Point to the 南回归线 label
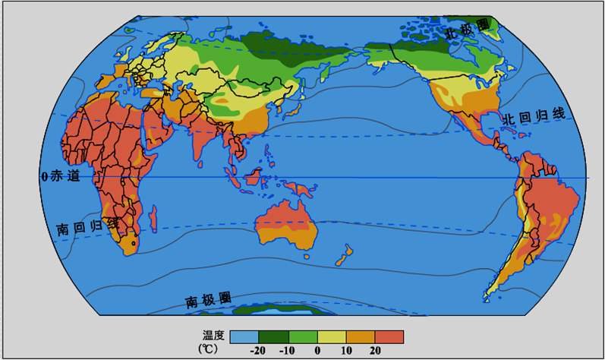[86, 227]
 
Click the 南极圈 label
[210, 300]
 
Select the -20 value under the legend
[258, 351]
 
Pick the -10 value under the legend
[288, 351]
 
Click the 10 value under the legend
[346, 351]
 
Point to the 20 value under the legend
[375, 351]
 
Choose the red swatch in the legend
[389, 336]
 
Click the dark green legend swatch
[273, 336]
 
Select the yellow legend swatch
[332, 336]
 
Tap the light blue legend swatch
[244, 336]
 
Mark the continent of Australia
[286, 223]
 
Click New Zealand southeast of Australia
[343, 254]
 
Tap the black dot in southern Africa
[134, 245]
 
